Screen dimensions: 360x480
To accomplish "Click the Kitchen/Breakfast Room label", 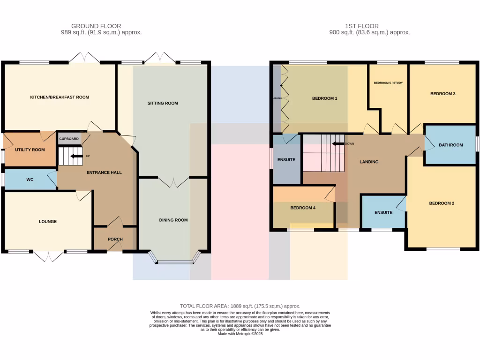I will [60, 97].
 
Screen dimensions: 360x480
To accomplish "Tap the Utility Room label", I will [30, 150].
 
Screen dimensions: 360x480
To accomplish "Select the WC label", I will [30, 180].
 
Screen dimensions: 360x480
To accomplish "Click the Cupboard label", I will [68, 139].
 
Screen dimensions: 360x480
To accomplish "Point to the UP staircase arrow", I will [75, 156].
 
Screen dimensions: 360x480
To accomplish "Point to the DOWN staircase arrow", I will [337, 144].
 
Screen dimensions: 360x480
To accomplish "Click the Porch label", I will [115, 240].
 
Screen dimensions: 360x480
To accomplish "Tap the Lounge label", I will [48, 222].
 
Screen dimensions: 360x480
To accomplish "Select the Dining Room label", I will [173, 220].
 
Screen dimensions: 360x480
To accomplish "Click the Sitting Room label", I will [163, 103].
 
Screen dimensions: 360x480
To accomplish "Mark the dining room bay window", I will [174, 261].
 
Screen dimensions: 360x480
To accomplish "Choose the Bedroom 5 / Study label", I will [388, 83].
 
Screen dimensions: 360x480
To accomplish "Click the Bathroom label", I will [450, 145].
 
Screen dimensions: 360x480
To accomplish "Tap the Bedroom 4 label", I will [302, 208].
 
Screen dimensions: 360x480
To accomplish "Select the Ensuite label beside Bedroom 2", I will [383, 213].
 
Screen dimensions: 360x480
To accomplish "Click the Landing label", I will [369, 162].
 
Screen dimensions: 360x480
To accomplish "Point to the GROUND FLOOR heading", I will [96, 26].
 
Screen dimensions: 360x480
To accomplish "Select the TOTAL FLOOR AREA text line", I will [240, 306].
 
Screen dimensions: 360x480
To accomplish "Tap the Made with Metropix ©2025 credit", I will [240, 333].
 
